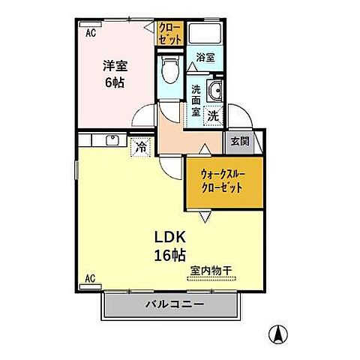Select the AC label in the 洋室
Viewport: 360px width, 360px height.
tap(90, 33)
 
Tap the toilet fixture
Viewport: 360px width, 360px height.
tap(169, 71)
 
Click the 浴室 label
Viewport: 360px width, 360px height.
tap(205, 56)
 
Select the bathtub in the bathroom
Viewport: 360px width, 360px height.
tap(203, 34)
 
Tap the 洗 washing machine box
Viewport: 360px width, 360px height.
tap(214, 116)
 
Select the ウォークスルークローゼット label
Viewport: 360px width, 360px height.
tap(224, 181)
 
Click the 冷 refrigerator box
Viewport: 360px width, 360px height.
tap(140, 148)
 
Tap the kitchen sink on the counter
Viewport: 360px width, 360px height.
tap(112, 139)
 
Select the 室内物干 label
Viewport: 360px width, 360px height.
tap(211, 272)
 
